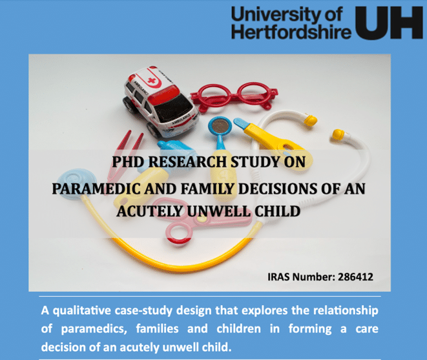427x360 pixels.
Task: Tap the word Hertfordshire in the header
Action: click(x=291, y=32)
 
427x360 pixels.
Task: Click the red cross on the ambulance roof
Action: click(x=151, y=81)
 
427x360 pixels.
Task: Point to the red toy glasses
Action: click(x=234, y=97)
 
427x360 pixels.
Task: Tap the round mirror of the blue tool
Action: click(x=220, y=126)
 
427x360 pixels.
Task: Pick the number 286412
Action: click(x=355, y=277)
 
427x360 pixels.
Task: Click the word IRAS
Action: click(x=278, y=277)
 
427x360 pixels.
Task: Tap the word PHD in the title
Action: click(x=128, y=162)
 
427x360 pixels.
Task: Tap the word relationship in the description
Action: click(x=346, y=311)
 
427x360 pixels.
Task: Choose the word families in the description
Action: click(x=157, y=329)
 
